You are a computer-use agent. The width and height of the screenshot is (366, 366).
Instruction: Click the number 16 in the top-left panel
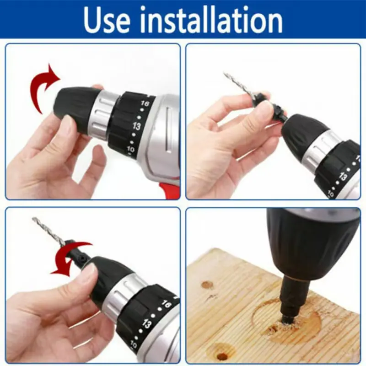coord(145,103)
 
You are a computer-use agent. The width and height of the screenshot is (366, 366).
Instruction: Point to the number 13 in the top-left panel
coord(136,126)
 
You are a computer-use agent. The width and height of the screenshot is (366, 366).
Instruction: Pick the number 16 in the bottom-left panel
coord(166,304)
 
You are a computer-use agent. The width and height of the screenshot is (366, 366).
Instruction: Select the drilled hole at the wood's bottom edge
coord(222,356)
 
